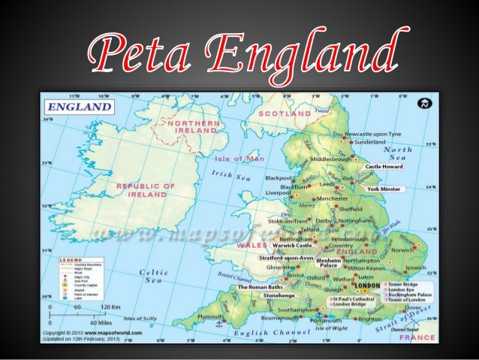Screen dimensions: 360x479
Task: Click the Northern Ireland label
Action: [194, 126]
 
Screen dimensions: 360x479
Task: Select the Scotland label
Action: [285, 113]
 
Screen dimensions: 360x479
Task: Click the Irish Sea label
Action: [233, 177]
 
